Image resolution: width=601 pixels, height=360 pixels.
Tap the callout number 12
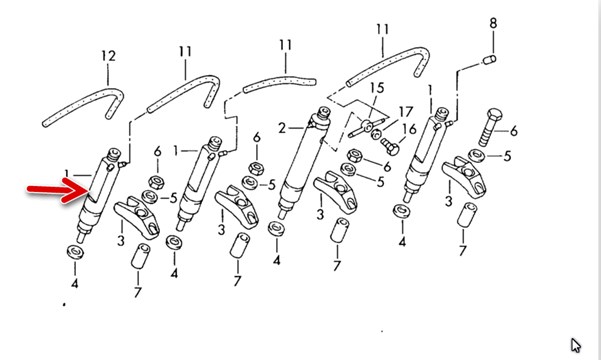click(x=108, y=56)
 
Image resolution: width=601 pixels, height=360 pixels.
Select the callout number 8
click(x=493, y=23)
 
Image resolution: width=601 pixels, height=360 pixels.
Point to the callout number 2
click(x=282, y=128)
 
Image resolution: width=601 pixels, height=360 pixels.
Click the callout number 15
click(x=376, y=88)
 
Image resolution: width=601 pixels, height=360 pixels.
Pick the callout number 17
click(x=406, y=112)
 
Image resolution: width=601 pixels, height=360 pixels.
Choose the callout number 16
click(x=409, y=129)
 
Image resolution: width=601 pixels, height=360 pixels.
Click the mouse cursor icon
click(x=575, y=345)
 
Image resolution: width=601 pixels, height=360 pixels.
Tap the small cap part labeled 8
click(x=489, y=60)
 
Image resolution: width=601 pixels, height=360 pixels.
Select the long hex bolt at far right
click(x=491, y=127)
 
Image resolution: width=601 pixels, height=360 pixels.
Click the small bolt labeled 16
click(x=390, y=147)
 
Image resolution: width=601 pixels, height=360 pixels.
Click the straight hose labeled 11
click(x=279, y=85)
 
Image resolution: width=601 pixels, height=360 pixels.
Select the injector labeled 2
click(x=303, y=161)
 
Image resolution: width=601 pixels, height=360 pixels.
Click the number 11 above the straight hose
click(x=286, y=45)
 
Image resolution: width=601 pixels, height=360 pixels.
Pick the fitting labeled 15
click(x=367, y=127)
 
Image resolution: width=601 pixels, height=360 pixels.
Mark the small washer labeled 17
click(x=376, y=134)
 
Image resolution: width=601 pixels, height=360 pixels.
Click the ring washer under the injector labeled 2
click(x=276, y=229)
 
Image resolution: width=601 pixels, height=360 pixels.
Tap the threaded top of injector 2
click(x=324, y=113)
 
